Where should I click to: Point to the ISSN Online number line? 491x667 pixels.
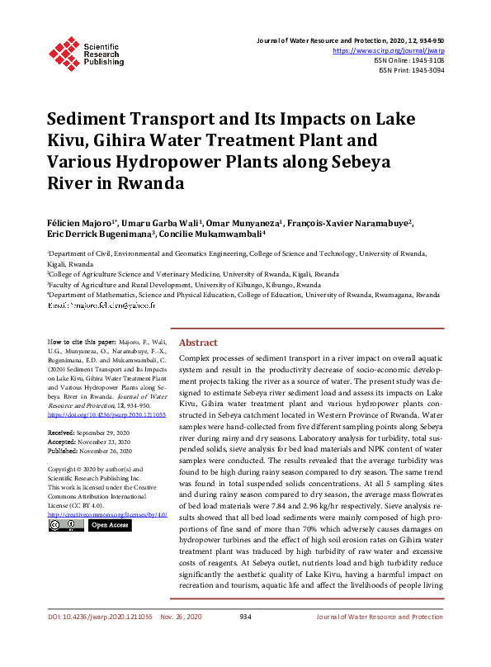coord(410,60)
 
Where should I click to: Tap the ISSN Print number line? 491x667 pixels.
coord(412,70)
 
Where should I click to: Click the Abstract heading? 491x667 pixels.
coord(198,343)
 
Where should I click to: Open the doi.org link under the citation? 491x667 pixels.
coord(106,415)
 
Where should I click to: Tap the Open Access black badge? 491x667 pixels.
coord(109,525)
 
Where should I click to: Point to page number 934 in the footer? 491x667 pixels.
coord(245,640)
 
